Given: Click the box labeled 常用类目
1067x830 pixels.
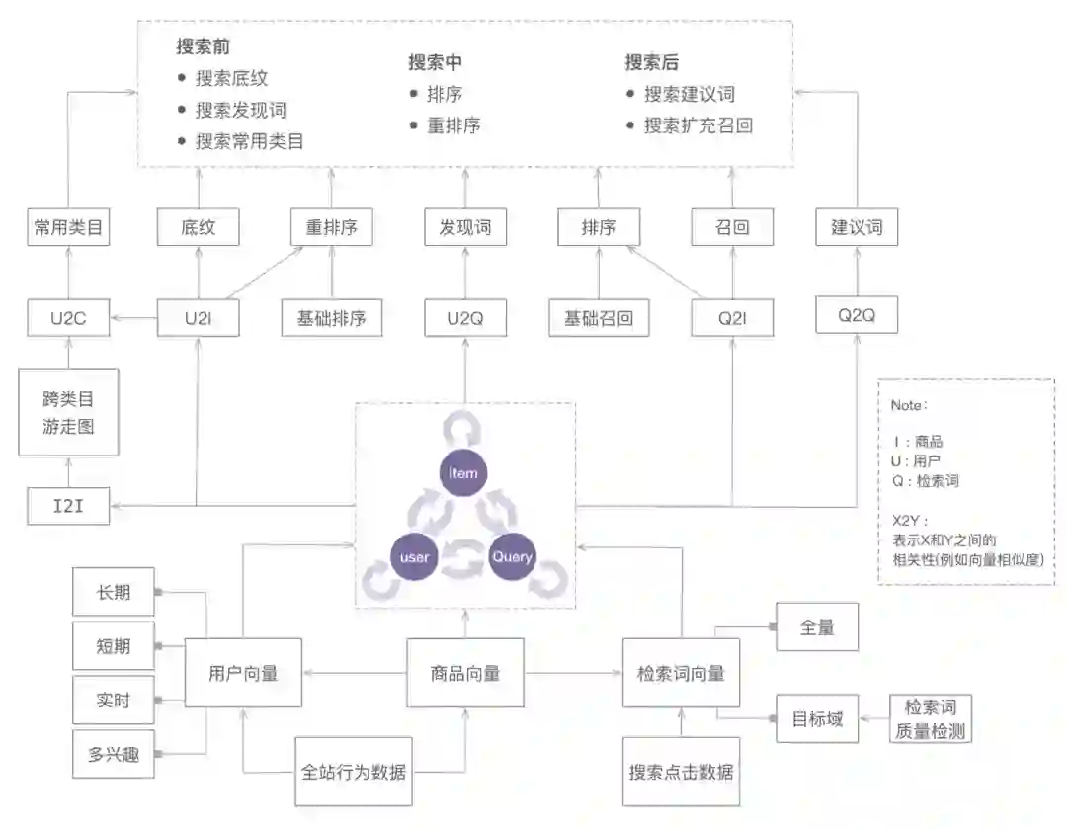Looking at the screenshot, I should [x=68, y=228].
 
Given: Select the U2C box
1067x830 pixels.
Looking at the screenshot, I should [x=68, y=318].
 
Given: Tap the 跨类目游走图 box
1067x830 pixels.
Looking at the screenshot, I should [x=68, y=413].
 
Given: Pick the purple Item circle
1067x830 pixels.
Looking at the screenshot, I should [x=463, y=473].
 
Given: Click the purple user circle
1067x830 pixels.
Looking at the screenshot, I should [x=415, y=557].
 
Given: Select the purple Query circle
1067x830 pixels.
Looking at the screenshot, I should [x=513, y=556].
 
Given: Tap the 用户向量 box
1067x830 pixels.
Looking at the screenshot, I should [x=243, y=673].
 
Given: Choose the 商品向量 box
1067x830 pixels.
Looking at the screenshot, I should [x=464, y=673].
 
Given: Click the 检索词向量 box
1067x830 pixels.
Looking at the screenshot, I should [x=681, y=673].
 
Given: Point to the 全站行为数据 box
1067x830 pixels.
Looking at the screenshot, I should [x=354, y=772].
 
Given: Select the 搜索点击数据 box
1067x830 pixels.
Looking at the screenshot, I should [x=681, y=772].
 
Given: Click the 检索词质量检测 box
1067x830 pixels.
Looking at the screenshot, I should [x=930, y=719].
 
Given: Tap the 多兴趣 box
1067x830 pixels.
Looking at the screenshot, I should [x=114, y=755].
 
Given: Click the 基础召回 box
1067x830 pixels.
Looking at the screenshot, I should [x=598, y=318].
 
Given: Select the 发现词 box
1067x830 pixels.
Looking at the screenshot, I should [x=464, y=228].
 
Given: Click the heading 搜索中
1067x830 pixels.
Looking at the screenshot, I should [x=436, y=62].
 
